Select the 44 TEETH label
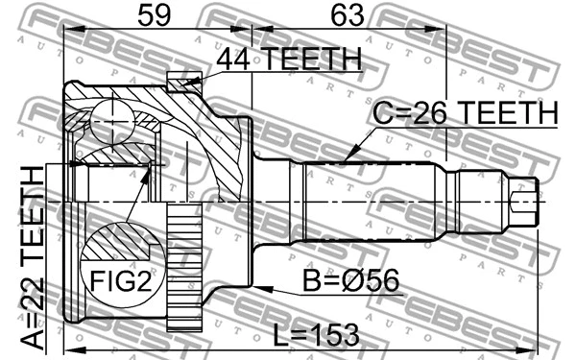[288, 60]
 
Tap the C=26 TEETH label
[465, 114]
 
